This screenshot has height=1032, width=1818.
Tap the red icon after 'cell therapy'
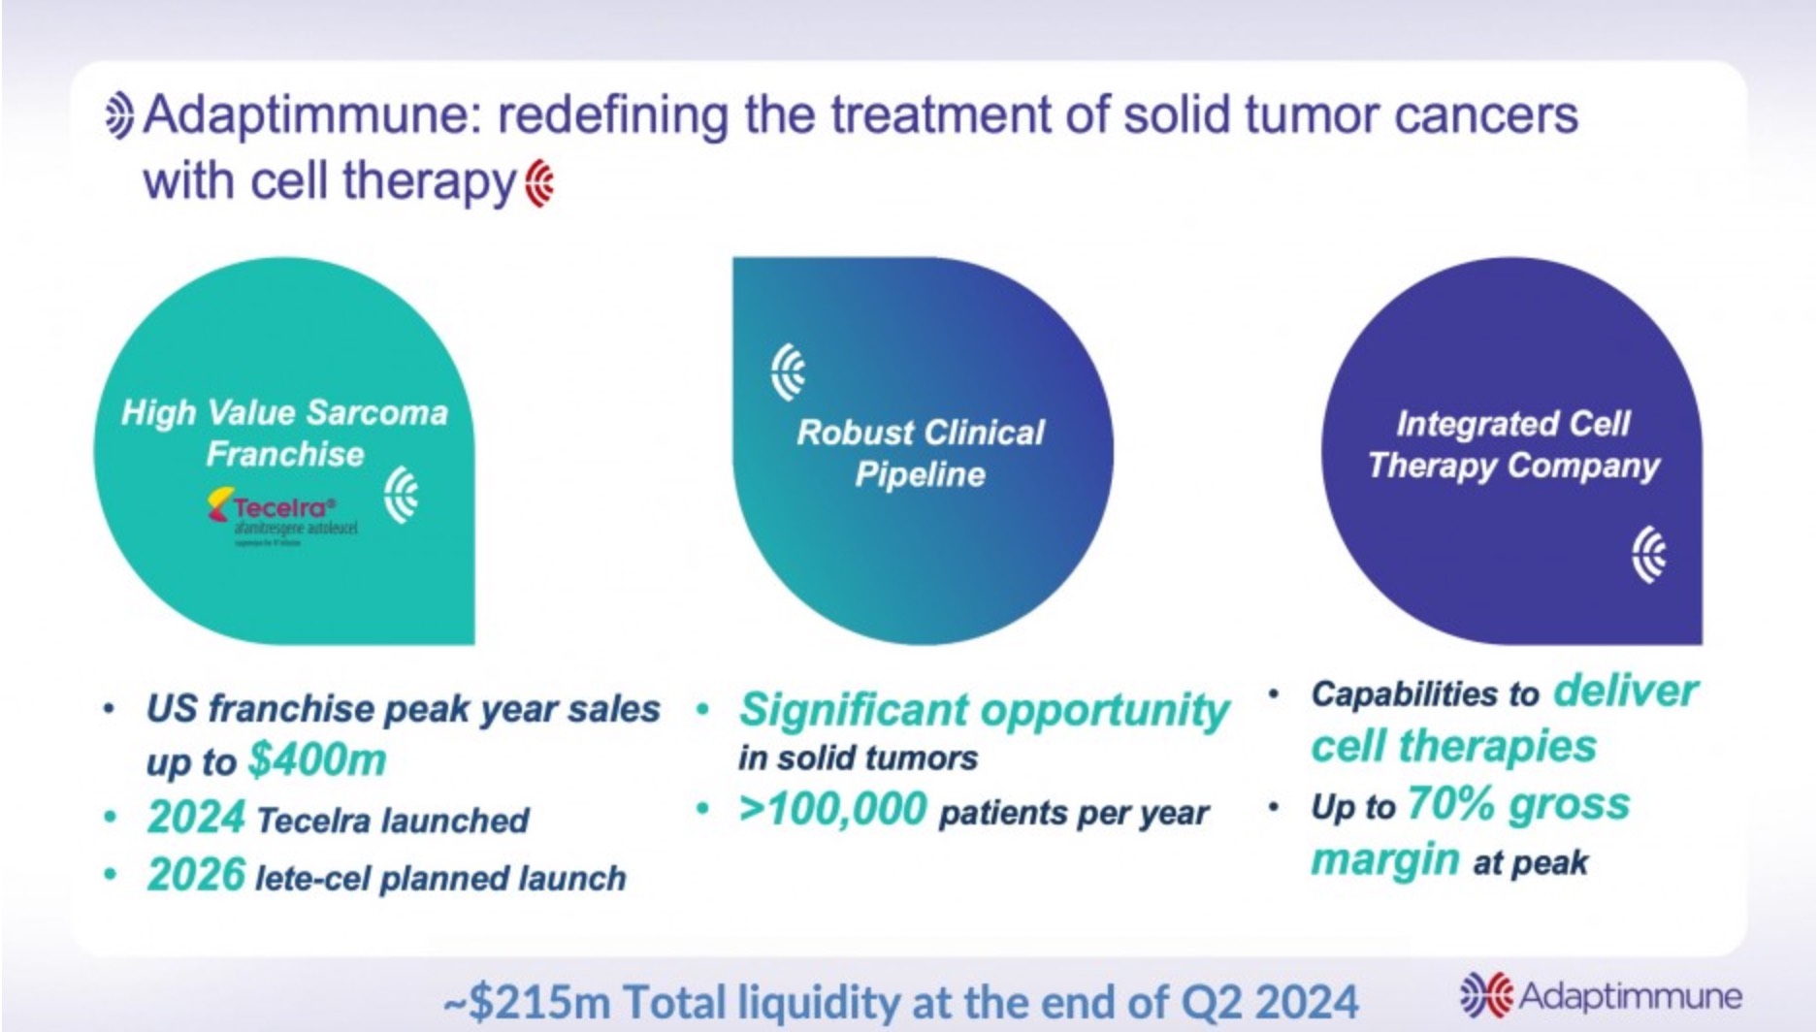540,183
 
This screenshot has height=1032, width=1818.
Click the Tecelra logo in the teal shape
281,515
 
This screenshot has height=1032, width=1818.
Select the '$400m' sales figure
317,759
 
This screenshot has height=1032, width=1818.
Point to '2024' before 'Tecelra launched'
196,818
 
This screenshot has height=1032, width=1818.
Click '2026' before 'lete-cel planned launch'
196,875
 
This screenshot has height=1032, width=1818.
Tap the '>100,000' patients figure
832,809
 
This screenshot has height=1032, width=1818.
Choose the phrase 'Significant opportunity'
984,709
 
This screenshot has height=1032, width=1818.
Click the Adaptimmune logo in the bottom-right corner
1601,995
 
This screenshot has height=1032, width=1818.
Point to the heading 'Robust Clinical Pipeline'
920,453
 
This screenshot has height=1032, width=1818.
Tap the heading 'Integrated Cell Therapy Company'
1513,444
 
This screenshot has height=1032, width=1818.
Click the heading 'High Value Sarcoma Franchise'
284,433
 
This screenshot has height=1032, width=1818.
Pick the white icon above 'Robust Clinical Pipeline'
789,371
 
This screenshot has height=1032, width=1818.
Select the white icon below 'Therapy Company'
1648,555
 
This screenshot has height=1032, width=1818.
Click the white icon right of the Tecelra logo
401,495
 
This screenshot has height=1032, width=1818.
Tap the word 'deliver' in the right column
1625,692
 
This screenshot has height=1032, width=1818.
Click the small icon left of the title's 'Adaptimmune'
119,116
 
